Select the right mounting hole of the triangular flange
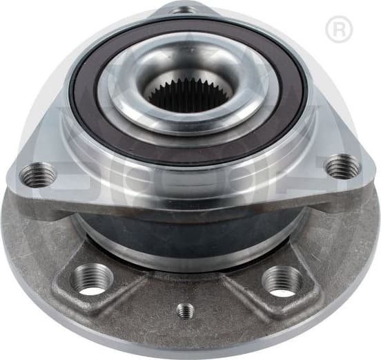point(342,167)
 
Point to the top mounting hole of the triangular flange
point(182,9)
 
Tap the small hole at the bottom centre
point(185,310)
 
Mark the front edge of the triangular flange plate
point(186,197)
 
